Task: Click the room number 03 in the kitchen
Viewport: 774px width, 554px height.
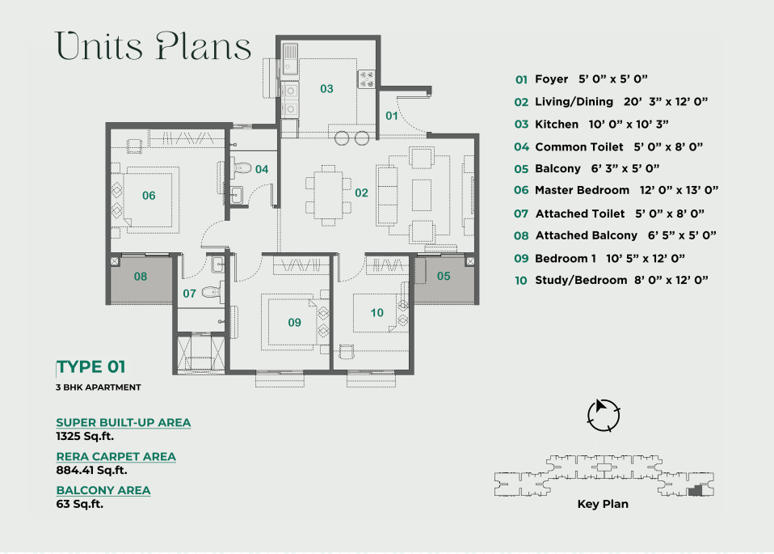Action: [326, 89]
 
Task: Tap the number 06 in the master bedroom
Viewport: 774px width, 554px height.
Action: [149, 196]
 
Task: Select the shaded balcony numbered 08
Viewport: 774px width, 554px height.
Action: [141, 279]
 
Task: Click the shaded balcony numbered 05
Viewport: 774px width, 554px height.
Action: [444, 279]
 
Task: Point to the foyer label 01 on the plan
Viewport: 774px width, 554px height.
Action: [391, 116]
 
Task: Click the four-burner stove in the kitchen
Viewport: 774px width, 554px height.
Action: [366, 79]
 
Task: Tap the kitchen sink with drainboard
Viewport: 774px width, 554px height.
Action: [290, 59]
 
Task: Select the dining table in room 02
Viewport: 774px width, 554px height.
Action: [328, 195]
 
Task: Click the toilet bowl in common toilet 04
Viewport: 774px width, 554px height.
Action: [241, 167]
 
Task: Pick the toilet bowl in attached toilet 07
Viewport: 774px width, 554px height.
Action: [213, 290]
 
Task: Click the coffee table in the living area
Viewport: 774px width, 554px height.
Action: [422, 195]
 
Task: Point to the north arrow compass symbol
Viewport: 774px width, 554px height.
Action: [604, 415]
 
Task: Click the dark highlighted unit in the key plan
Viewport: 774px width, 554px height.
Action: [695, 491]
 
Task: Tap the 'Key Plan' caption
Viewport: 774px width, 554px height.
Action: [603, 504]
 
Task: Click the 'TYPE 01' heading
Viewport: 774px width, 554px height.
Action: [90, 367]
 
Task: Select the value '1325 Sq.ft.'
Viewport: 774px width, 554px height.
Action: [85, 437]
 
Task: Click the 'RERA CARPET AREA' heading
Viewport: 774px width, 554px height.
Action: [116, 456]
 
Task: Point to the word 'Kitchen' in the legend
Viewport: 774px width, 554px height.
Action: [557, 125]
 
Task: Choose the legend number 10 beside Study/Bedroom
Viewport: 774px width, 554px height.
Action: [521, 281]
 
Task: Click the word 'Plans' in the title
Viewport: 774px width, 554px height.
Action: [204, 47]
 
